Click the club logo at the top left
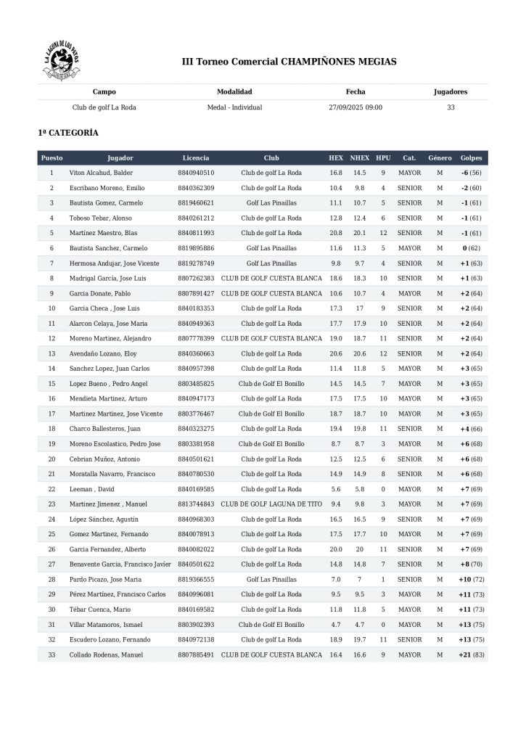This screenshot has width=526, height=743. point(62,62)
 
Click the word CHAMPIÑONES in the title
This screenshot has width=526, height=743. point(319,62)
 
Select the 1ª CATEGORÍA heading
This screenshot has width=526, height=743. point(68,133)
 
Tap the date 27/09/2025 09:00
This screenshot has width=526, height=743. point(356,107)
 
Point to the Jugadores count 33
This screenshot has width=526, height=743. point(451,107)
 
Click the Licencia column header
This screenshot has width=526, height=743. point(196,157)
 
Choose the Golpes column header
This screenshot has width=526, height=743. point(472,157)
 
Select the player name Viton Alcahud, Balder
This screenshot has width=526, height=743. point(101,173)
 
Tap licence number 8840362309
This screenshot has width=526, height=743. point(196,188)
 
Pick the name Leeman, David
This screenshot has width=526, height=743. point(91,489)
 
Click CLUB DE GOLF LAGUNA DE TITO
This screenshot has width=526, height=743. point(271,504)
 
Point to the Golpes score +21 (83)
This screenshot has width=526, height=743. point(472,654)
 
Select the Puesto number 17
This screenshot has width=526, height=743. point(52,414)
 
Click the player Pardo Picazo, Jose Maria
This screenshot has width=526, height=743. point(106,580)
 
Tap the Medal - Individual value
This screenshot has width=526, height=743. point(234,107)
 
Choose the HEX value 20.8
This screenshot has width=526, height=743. point(336,233)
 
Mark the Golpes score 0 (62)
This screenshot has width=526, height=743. point(472,248)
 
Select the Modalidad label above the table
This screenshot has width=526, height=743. point(234,92)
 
